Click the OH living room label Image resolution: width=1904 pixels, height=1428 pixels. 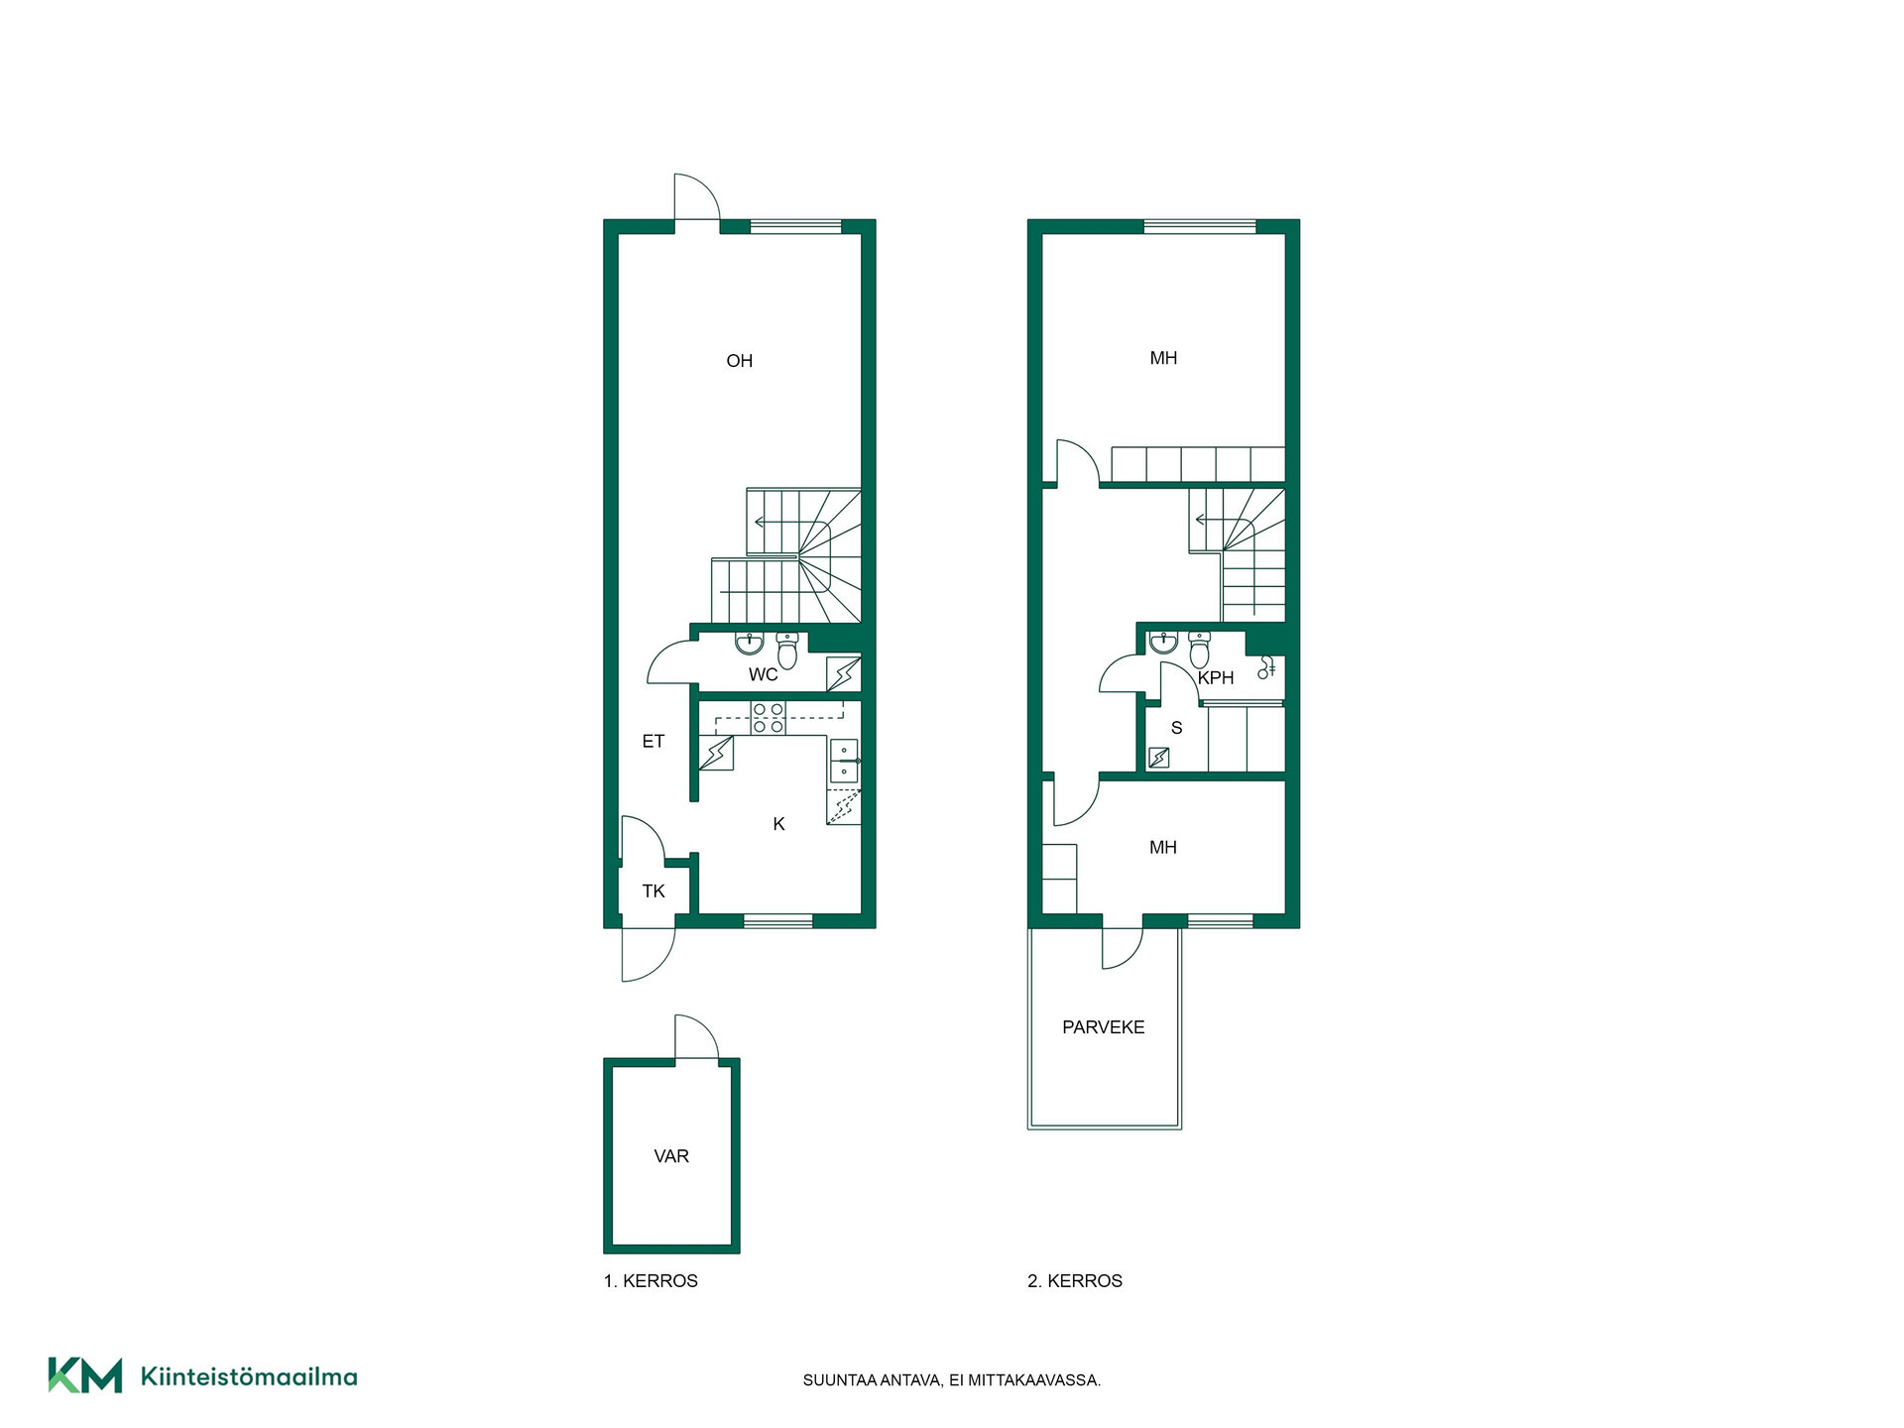click(740, 361)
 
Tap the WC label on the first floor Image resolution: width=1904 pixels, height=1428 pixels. click(764, 675)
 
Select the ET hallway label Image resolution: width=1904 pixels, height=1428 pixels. click(653, 741)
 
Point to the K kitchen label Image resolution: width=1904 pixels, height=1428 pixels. click(779, 824)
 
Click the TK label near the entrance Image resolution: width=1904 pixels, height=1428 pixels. click(654, 892)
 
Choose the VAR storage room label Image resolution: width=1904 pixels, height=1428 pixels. click(671, 1156)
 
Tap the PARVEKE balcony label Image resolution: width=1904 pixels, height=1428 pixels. click(1104, 1027)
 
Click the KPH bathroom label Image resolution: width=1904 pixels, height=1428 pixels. click(1216, 678)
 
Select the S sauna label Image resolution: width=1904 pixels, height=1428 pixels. click(1177, 728)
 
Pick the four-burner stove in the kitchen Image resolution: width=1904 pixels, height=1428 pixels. click(768, 718)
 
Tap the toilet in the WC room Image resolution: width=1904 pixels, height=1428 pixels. click(787, 651)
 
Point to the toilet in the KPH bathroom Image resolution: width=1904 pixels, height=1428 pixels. click(1199, 650)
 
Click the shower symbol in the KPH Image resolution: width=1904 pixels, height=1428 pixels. click(1266, 667)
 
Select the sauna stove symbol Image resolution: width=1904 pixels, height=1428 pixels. click(1158, 759)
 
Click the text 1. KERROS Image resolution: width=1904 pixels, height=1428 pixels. click(651, 1281)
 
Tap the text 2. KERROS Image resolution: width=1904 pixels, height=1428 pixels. click(1075, 1281)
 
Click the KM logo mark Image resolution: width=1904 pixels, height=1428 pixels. click(85, 1375)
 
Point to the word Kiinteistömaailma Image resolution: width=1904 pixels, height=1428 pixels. click(249, 1376)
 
